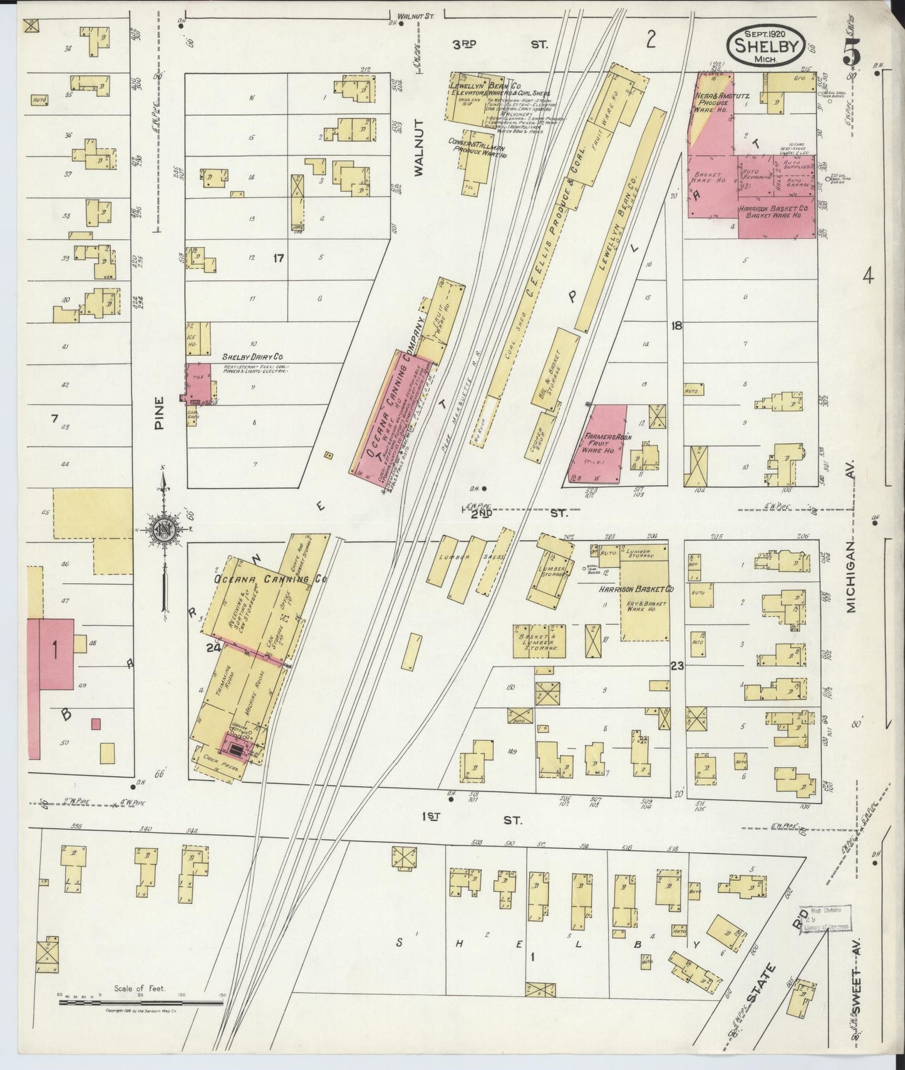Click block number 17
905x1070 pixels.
point(279,257)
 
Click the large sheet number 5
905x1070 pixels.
point(852,53)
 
